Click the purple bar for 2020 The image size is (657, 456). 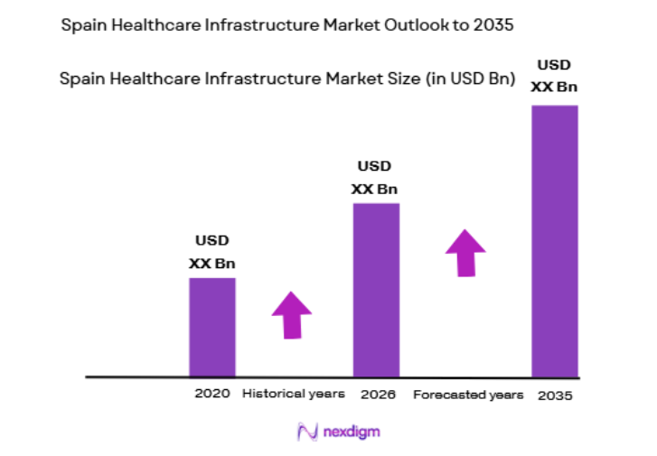212,327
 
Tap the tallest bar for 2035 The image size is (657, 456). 555,240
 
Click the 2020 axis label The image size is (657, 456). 212,394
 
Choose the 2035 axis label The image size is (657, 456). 554,396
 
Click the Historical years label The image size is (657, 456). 294,394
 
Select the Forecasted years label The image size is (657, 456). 468,395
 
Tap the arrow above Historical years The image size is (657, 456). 291,315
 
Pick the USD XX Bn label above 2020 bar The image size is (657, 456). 212,252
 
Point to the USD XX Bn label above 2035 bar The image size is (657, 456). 554,76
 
